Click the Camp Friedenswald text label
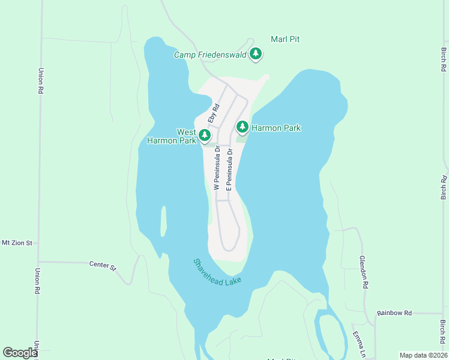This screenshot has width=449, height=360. point(211,55)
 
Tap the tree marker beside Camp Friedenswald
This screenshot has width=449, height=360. point(256,54)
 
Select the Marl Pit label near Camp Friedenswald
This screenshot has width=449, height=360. point(285,39)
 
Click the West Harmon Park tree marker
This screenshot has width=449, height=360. point(205,135)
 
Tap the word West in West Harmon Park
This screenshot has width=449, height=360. point(185,132)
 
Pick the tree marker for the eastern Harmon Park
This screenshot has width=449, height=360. point(242,127)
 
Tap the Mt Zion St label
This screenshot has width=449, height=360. point(17,243)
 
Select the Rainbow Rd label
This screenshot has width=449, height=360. point(394,313)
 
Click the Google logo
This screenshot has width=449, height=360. point(20,353)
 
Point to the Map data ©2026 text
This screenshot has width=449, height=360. point(423,355)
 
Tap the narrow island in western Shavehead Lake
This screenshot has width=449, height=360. point(162,221)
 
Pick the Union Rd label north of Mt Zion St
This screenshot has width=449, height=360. point(41,80)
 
